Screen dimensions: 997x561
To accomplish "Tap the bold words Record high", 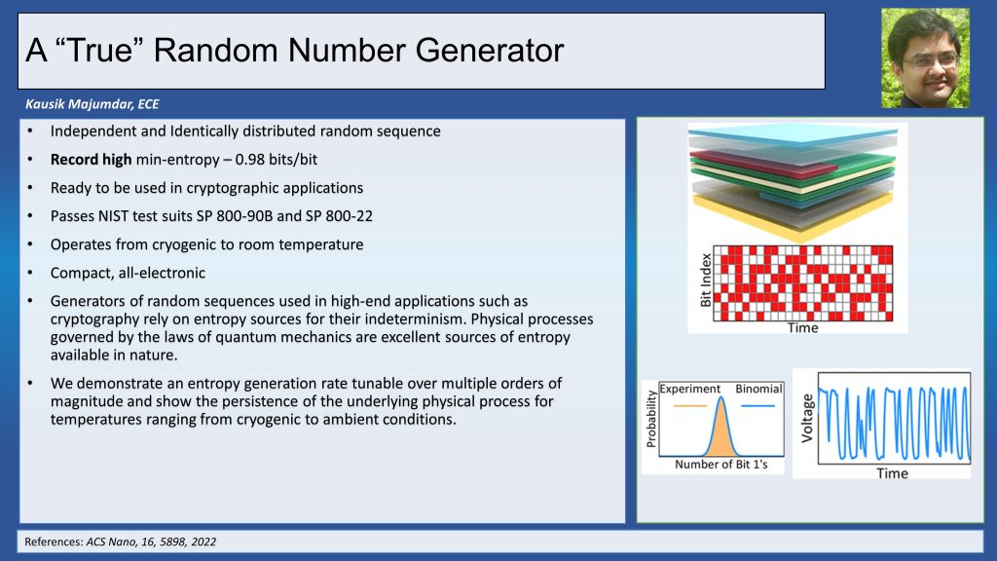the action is coord(91,159).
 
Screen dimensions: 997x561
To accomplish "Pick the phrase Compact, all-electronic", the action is coord(128,273).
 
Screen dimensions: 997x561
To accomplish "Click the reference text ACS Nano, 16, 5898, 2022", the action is coord(151,542).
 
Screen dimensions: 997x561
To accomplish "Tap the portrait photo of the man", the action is coord(925,57).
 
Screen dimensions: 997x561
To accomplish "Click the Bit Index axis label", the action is coord(705,280).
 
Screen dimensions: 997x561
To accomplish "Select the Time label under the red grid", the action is coord(802,327).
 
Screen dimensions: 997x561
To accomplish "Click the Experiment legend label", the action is coord(690,389).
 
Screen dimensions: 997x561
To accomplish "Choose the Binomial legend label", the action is coord(758,389).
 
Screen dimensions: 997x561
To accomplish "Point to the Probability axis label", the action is coord(650,419).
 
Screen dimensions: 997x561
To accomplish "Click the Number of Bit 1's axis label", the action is coord(721,465).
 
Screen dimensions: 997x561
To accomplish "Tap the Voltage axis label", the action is coord(807,418).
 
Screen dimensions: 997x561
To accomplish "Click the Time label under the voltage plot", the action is coord(892,473).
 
